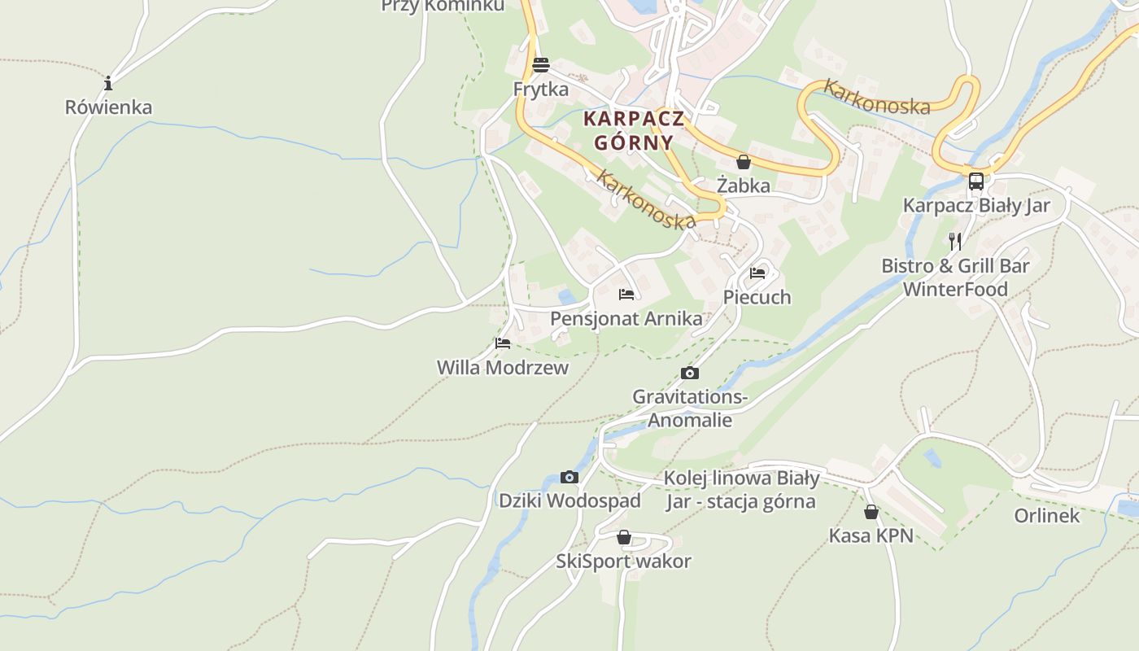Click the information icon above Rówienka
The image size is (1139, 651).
pos(108,83)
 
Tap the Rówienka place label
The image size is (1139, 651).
pos(108,107)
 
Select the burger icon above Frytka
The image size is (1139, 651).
pos(541,64)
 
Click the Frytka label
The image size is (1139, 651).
pos(541,89)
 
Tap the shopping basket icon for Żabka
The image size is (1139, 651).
pos(743,162)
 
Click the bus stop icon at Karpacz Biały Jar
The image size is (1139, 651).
pos(976,181)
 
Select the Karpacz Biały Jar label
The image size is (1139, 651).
pos(976,205)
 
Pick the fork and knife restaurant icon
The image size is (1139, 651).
pos(955,242)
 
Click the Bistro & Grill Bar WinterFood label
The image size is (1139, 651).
pos(955,277)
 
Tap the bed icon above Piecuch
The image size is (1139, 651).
pos(757,273)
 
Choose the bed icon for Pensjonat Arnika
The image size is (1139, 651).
pos(626,295)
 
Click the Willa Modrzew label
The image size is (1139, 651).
pos(503,368)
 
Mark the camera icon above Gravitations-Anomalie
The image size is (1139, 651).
pos(690,374)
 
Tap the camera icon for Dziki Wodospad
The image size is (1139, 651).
pos(569,477)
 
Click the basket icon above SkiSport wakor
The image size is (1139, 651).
pos(624,538)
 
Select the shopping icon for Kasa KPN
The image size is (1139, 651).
pos(871,512)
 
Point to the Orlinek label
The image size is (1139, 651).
pos(1047,516)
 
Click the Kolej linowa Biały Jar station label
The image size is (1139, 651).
pos(741,489)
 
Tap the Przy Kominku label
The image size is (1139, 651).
pos(443,7)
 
